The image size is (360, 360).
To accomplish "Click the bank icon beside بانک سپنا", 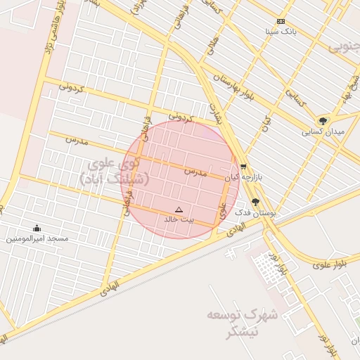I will pyautogui.click(x=281, y=22).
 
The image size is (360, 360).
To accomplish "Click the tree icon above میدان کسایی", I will pyautogui.click(x=323, y=120).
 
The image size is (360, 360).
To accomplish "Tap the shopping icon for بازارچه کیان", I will pyautogui.click(x=243, y=167).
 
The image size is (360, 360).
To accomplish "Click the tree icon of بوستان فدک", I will pyautogui.click(x=255, y=201).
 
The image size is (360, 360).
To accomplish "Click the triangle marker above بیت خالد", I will pyautogui.click(x=178, y=210).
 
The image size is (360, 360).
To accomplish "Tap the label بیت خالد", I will pyautogui.click(x=178, y=219).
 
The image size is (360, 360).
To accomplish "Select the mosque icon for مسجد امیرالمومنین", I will pyautogui.click(x=37, y=228).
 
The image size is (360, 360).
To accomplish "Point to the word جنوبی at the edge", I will pyautogui.click(x=344, y=47).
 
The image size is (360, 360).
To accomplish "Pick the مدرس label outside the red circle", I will pyautogui.click(x=77, y=140).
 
